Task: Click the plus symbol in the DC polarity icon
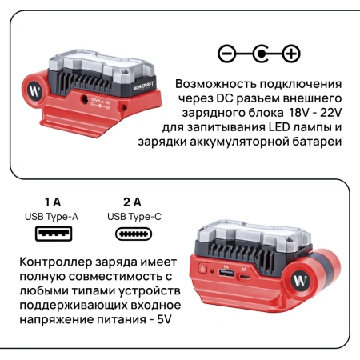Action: coord(292,54)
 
